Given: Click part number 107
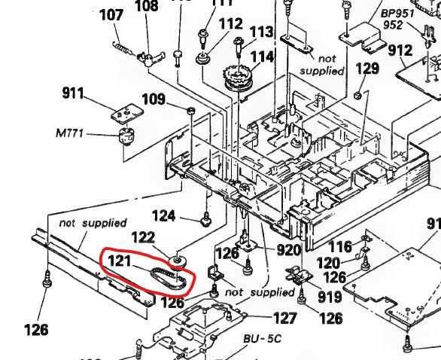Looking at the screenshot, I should (x=111, y=14).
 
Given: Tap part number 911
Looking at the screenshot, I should (x=73, y=94).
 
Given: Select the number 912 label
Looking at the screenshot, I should (x=400, y=51).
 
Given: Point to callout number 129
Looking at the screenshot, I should (x=368, y=69).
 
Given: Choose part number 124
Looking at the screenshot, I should (x=184, y=215).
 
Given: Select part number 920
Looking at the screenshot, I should (x=288, y=250).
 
